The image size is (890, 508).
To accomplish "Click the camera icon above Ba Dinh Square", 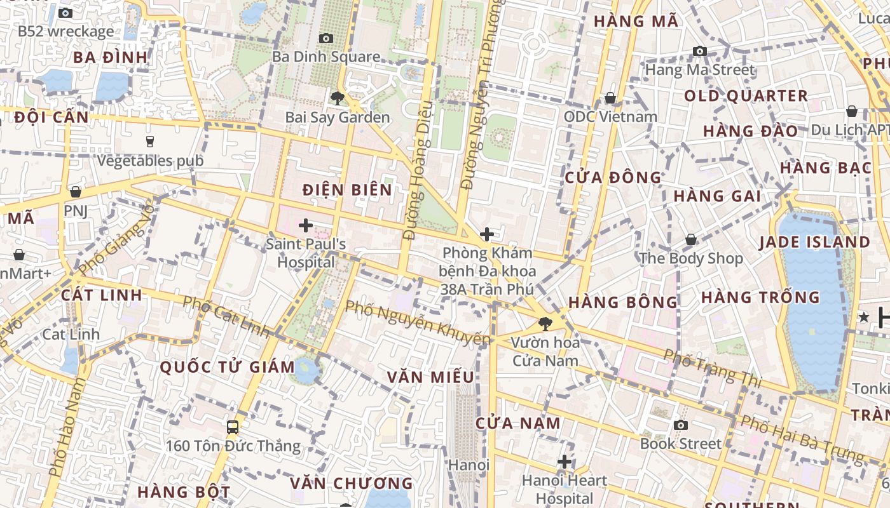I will [x=326, y=39].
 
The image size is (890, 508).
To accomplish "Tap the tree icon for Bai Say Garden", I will [x=338, y=98].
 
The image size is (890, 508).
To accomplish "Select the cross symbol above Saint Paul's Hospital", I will [x=306, y=225].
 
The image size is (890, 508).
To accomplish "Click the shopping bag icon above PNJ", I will [x=76, y=191].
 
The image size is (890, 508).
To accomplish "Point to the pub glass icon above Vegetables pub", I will [x=150, y=141].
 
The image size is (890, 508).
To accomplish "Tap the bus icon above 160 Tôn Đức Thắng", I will [x=233, y=427].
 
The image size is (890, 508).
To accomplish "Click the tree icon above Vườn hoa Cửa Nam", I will [x=545, y=324].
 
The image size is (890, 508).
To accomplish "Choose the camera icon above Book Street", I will [x=681, y=425].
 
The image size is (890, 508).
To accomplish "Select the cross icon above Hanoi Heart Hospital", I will [x=565, y=462].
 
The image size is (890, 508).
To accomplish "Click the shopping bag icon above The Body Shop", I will [x=691, y=240].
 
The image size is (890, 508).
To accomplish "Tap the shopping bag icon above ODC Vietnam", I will [x=610, y=98].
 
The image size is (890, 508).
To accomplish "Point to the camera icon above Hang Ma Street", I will [x=700, y=51].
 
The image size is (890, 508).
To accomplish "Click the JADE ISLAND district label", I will [x=814, y=242].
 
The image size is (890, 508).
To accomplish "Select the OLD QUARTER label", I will [x=746, y=96].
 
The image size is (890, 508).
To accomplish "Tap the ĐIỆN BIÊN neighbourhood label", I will [x=347, y=189].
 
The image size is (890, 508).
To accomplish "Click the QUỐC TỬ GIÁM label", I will [x=227, y=366].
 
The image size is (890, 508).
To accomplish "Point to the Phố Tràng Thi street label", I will [x=712, y=368].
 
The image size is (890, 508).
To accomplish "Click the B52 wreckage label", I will [x=65, y=31].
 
